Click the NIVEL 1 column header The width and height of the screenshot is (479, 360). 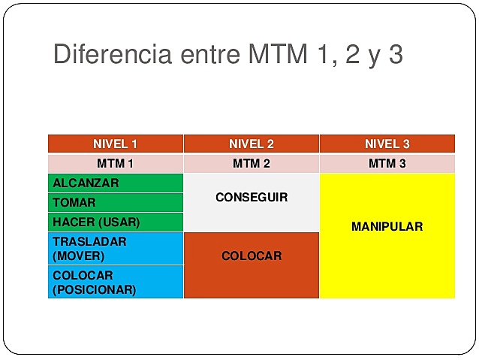click(x=115, y=144)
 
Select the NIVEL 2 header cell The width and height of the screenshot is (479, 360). click(x=251, y=144)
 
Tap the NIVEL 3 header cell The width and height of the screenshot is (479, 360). click(x=387, y=144)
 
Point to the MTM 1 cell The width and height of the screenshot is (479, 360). click(x=115, y=163)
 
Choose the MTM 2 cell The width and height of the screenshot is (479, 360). click(x=251, y=163)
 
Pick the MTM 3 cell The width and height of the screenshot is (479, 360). click(x=387, y=163)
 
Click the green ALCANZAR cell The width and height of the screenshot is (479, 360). click(x=115, y=183)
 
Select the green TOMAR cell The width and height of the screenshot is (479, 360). click(x=115, y=202)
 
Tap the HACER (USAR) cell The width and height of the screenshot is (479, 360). click(x=115, y=222)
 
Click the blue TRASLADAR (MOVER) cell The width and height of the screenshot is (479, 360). click(x=115, y=248)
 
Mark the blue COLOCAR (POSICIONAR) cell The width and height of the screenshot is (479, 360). click(x=115, y=282)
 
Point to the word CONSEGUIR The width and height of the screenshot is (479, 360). click(x=252, y=198)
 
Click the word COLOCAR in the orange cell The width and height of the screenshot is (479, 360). click(x=252, y=256)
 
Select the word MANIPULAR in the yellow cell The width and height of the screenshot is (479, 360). click(x=387, y=226)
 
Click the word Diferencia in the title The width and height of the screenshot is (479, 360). click(x=112, y=56)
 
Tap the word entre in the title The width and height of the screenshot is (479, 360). click(x=208, y=56)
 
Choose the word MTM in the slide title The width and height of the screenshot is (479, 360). click(x=275, y=56)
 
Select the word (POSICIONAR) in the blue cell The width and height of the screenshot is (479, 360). click(x=94, y=289)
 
